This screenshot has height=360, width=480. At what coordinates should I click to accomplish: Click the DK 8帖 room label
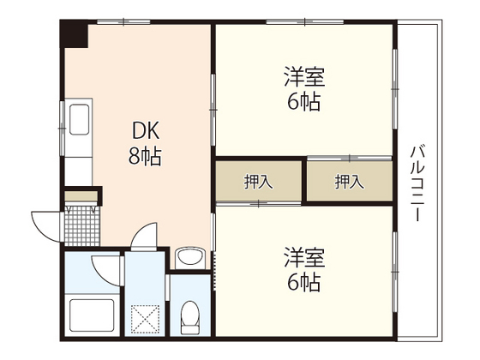[145, 143]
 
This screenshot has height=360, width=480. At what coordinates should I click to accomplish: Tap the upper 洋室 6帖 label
[304, 88]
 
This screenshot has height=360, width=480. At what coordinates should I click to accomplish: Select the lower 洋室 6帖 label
[304, 268]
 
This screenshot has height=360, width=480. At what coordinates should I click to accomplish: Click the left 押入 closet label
[258, 182]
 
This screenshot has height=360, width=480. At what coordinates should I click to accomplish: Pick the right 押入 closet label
[350, 182]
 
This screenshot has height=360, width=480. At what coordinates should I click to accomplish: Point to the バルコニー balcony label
[417, 183]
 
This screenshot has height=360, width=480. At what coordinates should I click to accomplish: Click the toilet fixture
[189, 317]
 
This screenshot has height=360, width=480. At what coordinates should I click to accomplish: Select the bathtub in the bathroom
[92, 315]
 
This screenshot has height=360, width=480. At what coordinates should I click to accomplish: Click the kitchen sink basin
[80, 119]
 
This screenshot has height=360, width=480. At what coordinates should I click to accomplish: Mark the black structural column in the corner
[74, 33]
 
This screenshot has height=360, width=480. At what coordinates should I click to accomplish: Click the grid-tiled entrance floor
[82, 225]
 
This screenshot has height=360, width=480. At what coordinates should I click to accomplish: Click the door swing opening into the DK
[144, 235]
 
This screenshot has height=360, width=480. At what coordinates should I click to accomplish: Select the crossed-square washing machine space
[145, 319]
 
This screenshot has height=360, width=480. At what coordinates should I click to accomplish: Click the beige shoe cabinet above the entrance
[81, 196]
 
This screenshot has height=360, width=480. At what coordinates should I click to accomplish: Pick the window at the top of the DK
[123, 21]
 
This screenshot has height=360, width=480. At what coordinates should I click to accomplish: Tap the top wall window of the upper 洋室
[305, 21]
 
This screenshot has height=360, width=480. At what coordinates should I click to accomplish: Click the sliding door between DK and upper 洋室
[213, 110]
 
